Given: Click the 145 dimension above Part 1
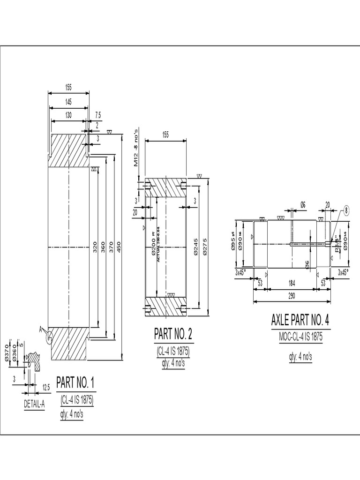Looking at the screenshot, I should (x=68, y=102).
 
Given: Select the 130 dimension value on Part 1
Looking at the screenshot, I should (x=68, y=115).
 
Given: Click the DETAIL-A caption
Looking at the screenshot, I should (x=34, y=405).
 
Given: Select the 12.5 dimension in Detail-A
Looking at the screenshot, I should (x=46, y=387).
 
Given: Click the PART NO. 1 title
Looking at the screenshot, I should (x=76, y=382).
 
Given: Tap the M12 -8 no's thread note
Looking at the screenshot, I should (x=136, y=148).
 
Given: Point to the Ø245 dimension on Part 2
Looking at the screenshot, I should (x=195, y=246).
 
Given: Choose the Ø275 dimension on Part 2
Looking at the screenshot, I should (x=205, y=246).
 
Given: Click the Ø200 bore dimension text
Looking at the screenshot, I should (x=153, y=244).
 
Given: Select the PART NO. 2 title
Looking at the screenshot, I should (x=173, y=334).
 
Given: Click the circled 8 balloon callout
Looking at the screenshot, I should (x=346, y=210).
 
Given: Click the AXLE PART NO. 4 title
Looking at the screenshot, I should (x=300, y=321).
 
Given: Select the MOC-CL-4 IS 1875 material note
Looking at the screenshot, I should (x=300, y=337).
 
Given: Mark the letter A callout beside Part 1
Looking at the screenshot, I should (x=41, y=330).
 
